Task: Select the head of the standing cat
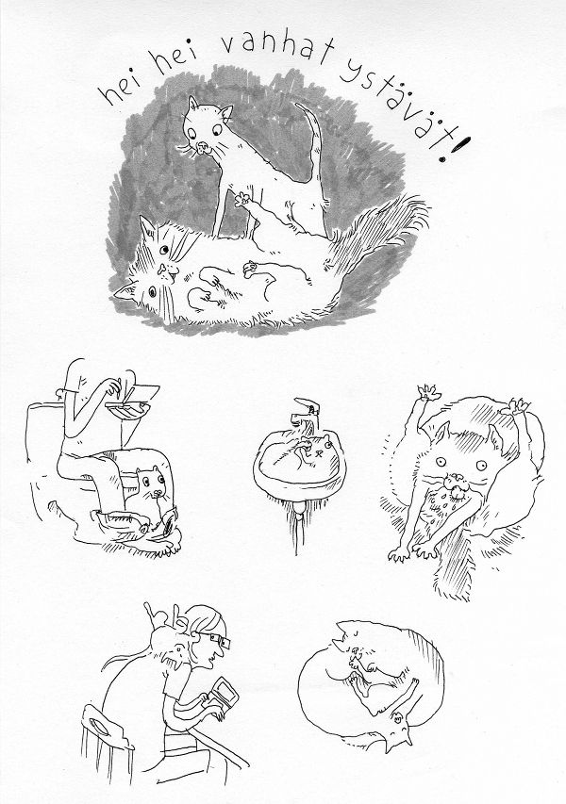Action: tap(206, 129)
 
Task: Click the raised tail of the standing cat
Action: tap(312, 139)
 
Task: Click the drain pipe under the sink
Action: tap(299, 523)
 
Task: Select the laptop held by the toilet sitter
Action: tap(131, 400)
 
